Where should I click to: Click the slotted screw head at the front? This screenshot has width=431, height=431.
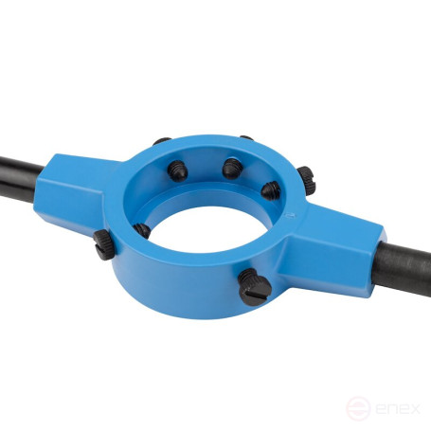pyautogui.click(x=255, y=287)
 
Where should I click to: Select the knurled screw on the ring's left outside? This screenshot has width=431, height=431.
pyautogui.click(x=103, y=244)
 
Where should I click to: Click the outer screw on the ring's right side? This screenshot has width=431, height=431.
pyautogui.click(x=307, y=181)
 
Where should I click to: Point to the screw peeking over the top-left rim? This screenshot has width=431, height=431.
pyautogui.click(x=162, y=141)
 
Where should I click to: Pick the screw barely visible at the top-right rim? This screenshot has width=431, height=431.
pyautogui.click(x=246, y=137)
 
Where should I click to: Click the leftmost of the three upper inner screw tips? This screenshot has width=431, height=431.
pyautogui.click(x=177, y=171)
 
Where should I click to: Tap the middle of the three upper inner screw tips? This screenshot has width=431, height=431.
pyautogui.click(x=233, y=169)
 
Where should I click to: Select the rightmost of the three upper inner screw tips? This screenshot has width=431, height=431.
pyautogui.click(x=271, y=190)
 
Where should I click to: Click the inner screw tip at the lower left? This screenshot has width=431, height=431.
pyautogui.click(x=142, y=230)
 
